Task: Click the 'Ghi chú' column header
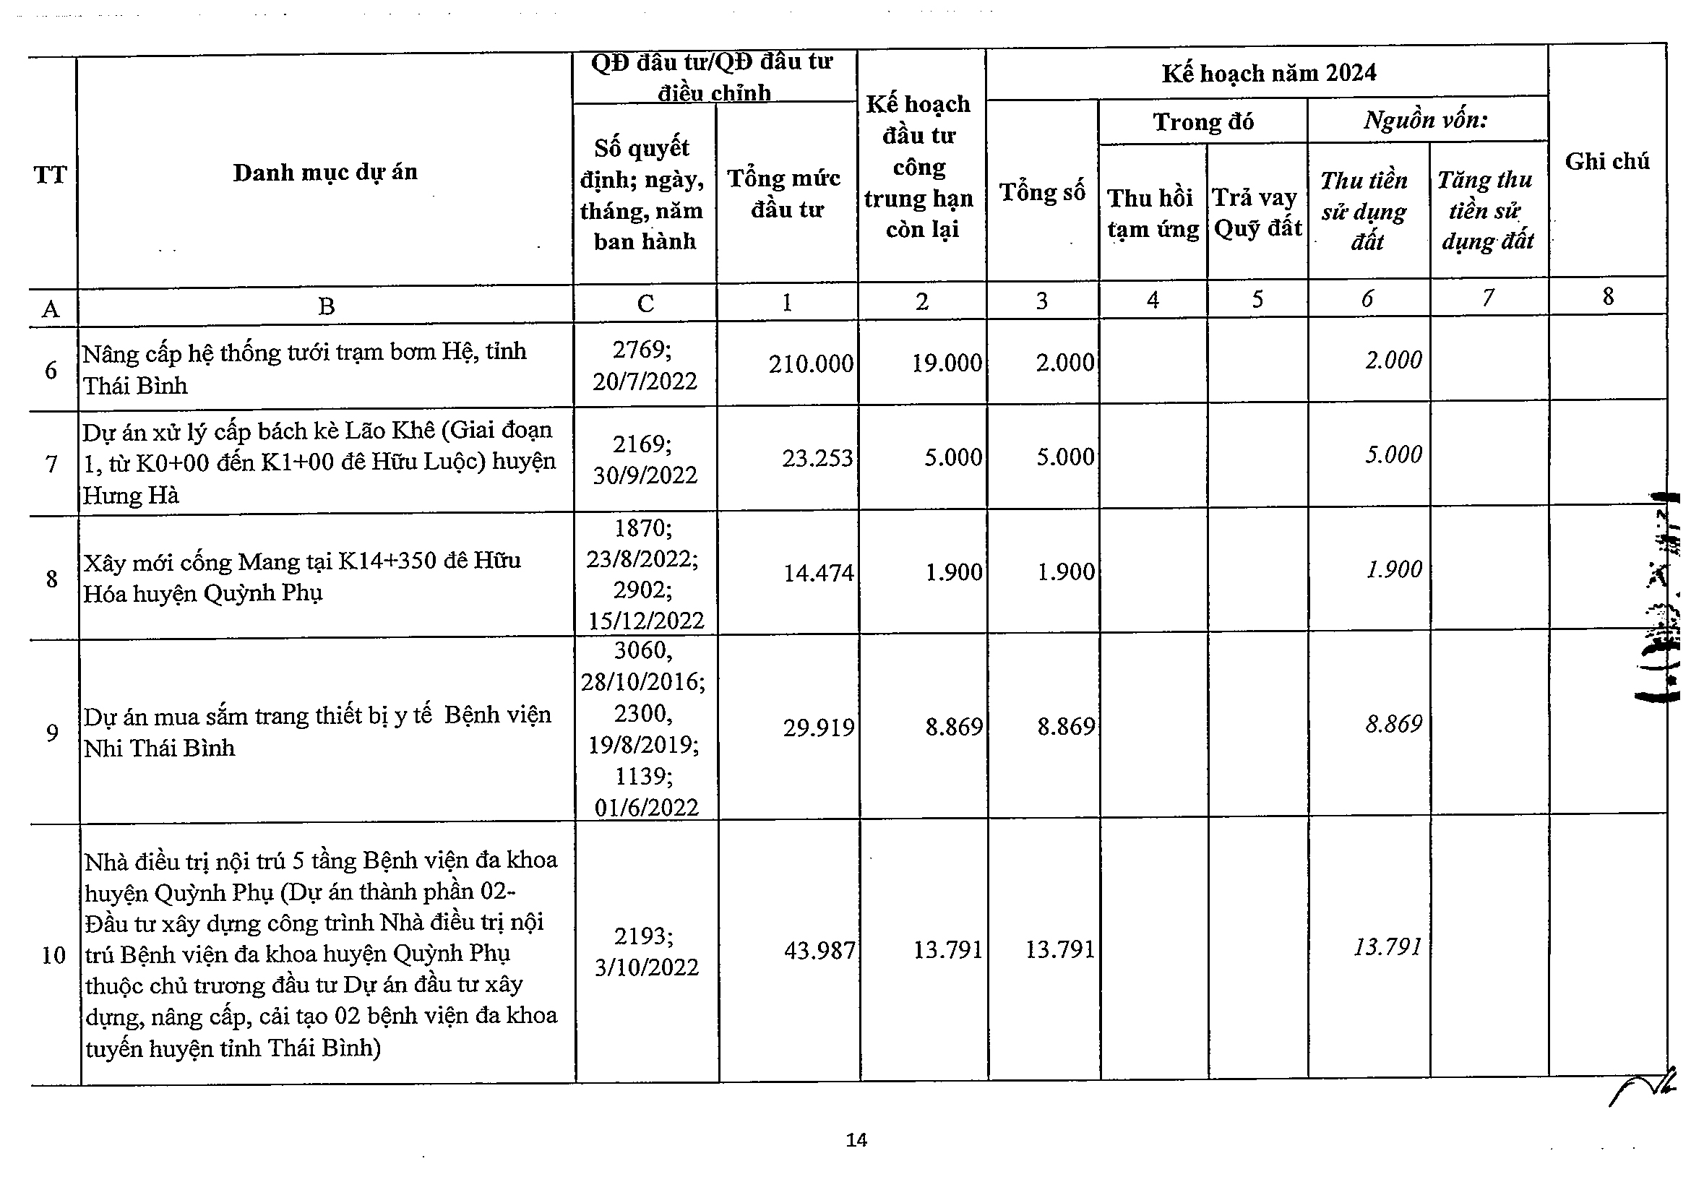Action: click(1606, 161)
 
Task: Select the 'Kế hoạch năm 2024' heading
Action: click(1268, 74)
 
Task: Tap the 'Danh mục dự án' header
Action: click(324, 172)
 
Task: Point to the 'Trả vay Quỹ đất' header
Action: click(1257, 213)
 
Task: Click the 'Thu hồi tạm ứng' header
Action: click(1152, 214)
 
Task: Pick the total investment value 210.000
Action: click(811, 363)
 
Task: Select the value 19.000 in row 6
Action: click(947, 363)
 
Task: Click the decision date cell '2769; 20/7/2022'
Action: click(645, 365)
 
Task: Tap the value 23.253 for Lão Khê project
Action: click(817, 459)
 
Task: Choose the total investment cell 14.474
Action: click(817, 573)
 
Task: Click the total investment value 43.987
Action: click(819, 951)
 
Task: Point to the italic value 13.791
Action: click(1387, 947)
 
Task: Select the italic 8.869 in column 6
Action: click(1393, 725)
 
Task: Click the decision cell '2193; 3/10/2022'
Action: click(646, 952)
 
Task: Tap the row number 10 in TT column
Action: click(53, 956)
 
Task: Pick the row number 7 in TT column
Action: click(51, 465)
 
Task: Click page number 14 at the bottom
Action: click(856, 1141)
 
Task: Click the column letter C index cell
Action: click(645, 303)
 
